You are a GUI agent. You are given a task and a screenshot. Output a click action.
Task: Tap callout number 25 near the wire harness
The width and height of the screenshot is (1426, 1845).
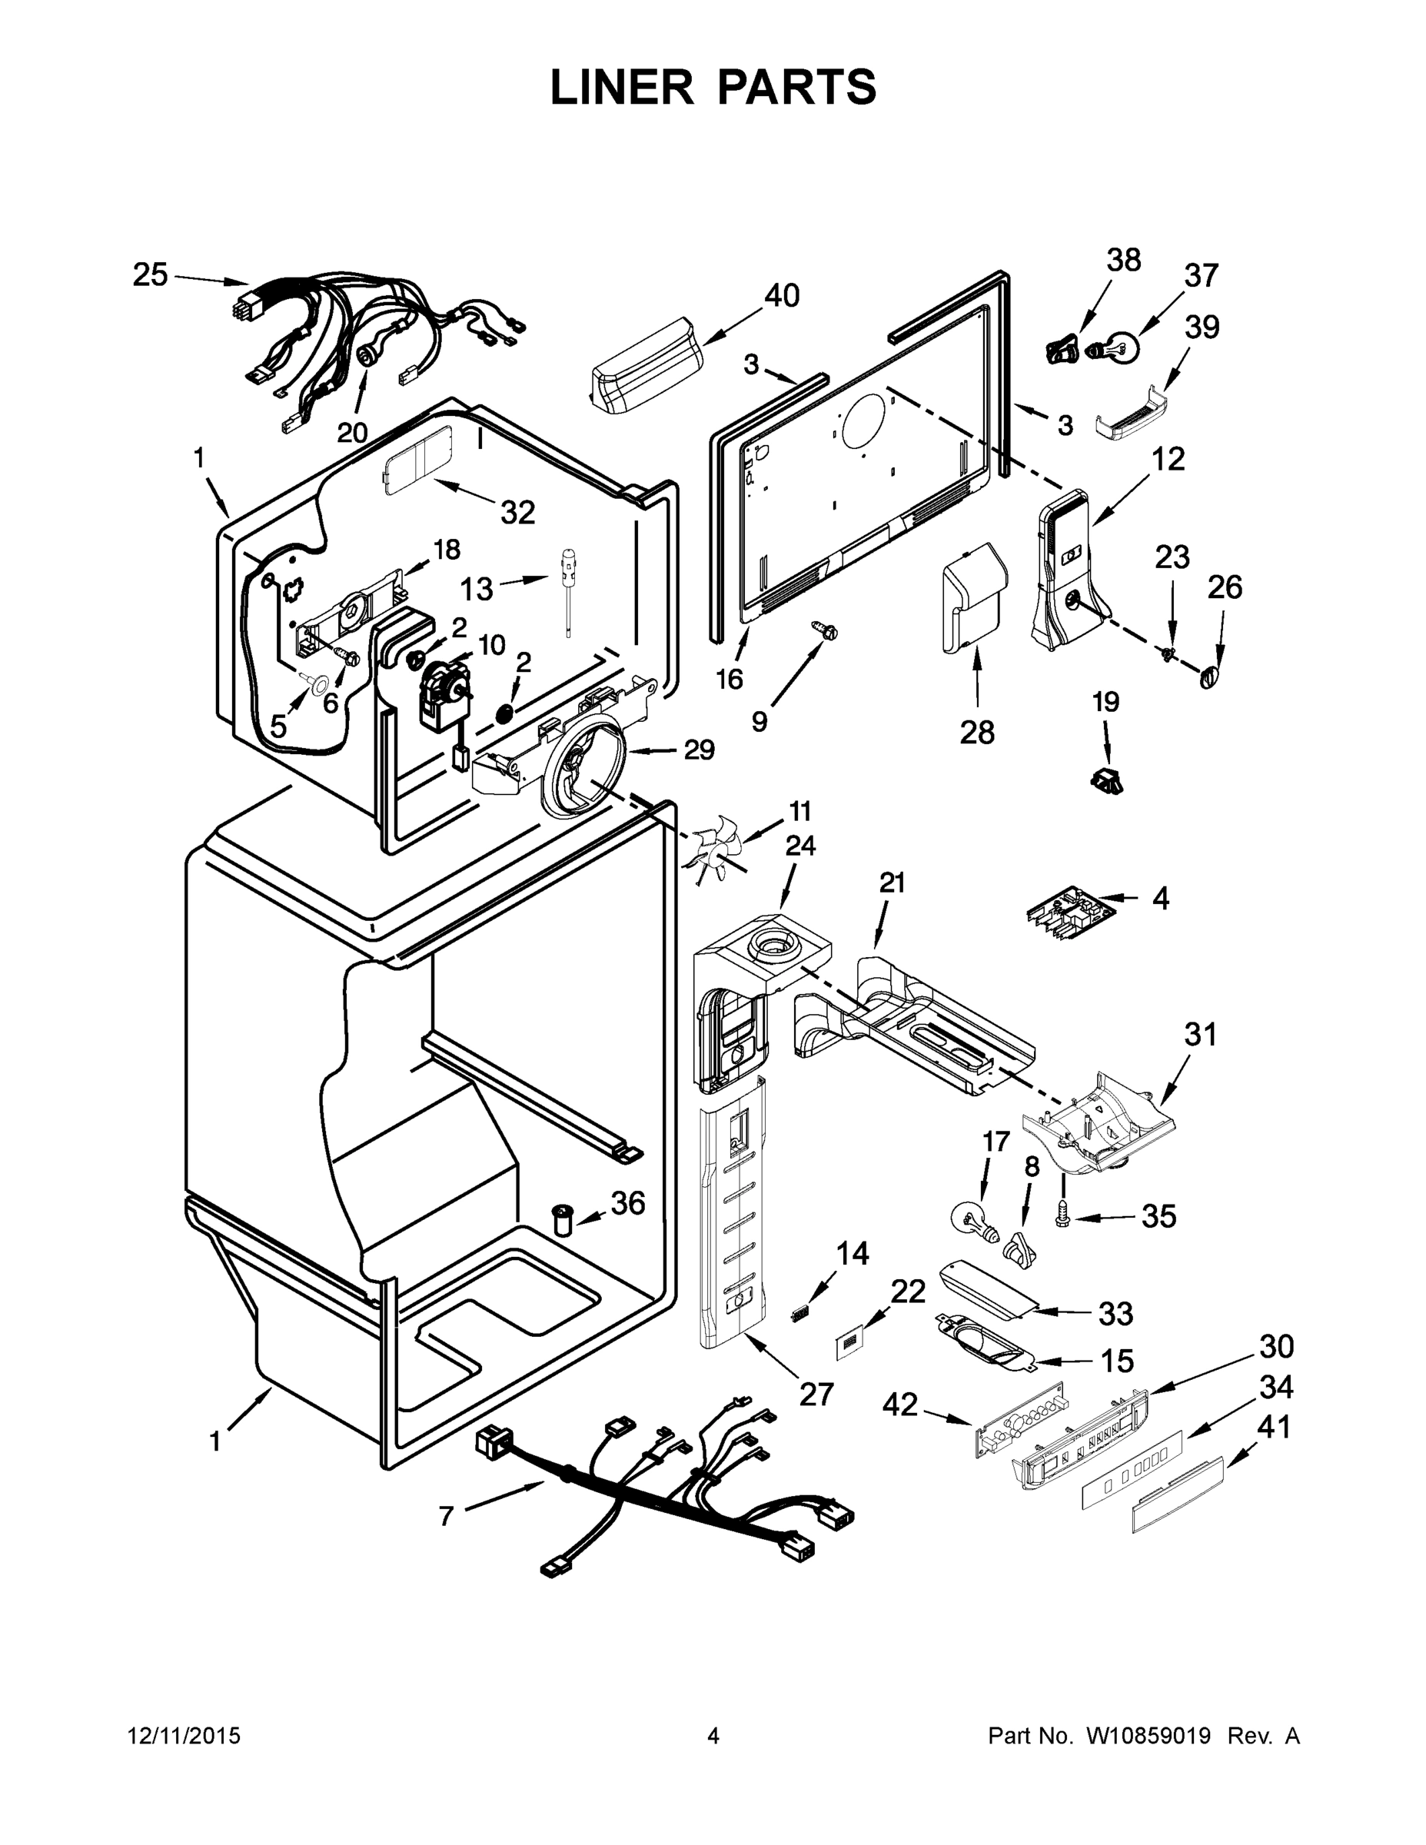pos(151,275)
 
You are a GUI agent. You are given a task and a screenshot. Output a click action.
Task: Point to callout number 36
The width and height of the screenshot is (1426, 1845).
pos(628,1203)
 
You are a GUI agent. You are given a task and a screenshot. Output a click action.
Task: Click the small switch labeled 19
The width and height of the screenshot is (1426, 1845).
pos(1108,780)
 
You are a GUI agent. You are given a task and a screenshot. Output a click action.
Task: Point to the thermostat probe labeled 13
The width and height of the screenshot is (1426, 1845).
pos(567,592)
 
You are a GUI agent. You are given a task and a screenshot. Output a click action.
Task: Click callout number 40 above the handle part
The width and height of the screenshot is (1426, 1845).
pos(782,297)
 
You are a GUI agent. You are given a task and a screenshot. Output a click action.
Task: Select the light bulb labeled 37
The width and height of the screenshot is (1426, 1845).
pos(1113,347)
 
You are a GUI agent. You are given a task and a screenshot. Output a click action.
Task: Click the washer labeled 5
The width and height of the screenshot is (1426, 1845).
pos(319,682)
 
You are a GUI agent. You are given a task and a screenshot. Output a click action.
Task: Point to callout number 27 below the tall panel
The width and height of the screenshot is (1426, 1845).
pos(816,1394)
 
